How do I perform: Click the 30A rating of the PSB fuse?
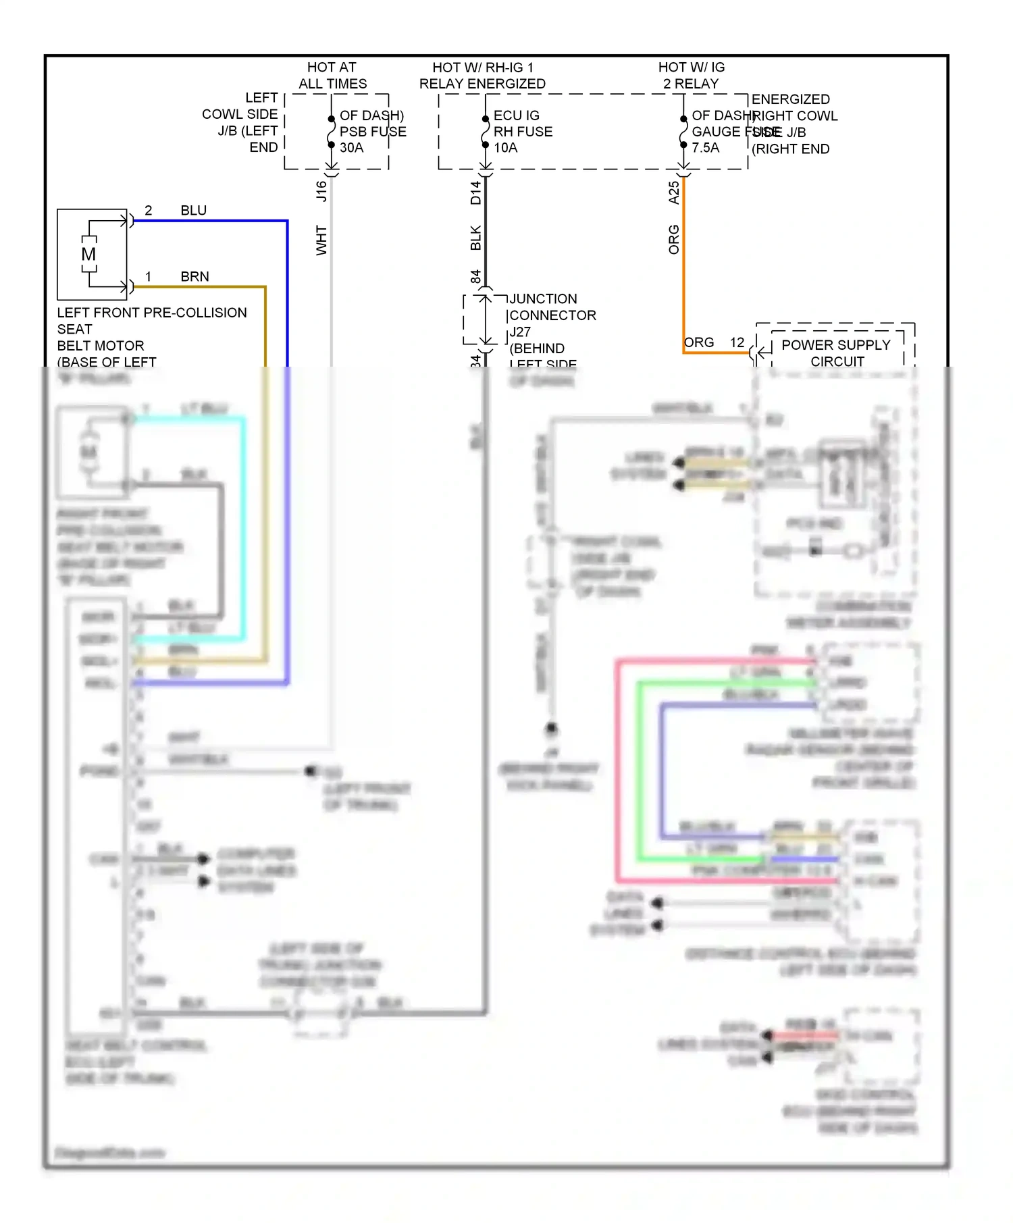[351, 148]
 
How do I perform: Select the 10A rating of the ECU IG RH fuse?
[505, 148]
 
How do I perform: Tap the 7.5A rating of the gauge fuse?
[705, 148]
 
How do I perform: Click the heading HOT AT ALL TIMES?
[332, 76]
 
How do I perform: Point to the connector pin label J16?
[321, 191]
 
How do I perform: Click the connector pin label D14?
[475, 192]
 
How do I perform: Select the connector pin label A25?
[673, 192]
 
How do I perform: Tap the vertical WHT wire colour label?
[321, 240]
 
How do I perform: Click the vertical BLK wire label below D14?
[475, 238]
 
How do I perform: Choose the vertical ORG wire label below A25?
[673, 240]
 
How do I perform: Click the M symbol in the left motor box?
[88, 255]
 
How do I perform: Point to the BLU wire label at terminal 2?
[193, 211]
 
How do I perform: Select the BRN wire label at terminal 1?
[194, 277]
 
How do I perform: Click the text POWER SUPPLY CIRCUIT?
[836, 353]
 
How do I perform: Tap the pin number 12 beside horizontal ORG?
[737, 343]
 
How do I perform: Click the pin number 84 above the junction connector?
[475, 277]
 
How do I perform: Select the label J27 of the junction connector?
[520, 332]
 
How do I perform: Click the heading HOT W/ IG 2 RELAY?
[691, 76]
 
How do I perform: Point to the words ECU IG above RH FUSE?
[516, 115]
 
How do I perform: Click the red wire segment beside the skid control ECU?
[804, 1035]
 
